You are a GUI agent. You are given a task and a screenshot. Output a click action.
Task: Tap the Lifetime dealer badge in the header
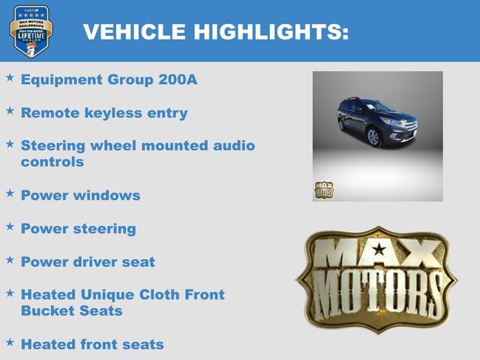pyautogui.click(x=31, y=31)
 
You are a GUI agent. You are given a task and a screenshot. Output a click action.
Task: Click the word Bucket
pyautogui.click(x=47, y=310)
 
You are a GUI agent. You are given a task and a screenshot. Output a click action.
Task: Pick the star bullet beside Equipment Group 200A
pyautogui.click(x=10, y=77)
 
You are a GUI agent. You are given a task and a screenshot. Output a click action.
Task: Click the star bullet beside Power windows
pyautogui.click(x=10, y=193)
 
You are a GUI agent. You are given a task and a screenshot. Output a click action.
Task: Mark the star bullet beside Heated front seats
pyautogui.click(x=10, y=342)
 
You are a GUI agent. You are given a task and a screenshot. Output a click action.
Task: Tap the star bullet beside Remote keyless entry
pyautogui.click(x=10, y=110)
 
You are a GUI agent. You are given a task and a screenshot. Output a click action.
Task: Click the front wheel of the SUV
pyautogui.click(x=373, y=137)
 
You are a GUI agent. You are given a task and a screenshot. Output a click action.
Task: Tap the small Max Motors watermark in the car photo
pyautogui.click(x=323, y=190)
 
